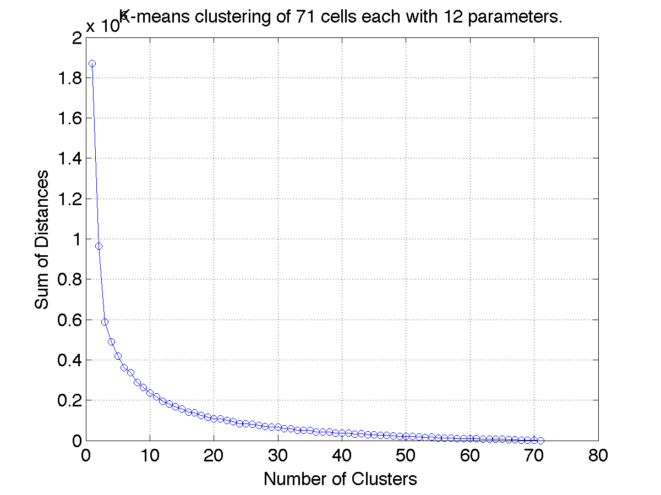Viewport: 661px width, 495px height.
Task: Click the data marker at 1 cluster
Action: point(92,63)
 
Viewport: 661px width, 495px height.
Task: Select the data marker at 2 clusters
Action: point(99,246)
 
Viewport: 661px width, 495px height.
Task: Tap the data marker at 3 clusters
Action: point(105,322)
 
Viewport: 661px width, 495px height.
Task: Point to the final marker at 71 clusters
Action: point(540,440)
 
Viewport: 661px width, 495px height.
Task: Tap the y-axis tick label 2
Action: point(75,38)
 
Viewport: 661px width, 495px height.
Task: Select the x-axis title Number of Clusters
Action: point(340,479)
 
